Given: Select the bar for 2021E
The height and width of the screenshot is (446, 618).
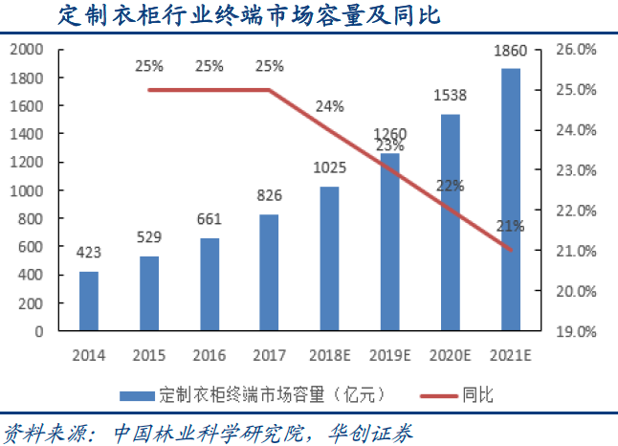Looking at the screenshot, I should tap(512, 200).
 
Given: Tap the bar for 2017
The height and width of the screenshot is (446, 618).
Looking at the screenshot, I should tap(269, 273).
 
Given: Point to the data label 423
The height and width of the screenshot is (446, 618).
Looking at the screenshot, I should tap(88, 255).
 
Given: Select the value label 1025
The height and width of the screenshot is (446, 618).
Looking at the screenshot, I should tap(329, 168).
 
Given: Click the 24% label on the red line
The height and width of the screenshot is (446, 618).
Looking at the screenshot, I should tap(329, 106).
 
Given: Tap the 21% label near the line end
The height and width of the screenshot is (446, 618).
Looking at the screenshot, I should tap(509, 226).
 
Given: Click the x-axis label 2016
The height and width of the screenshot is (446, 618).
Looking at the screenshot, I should tap(209, 354).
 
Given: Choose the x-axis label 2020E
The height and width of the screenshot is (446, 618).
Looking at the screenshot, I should tap(451, 354).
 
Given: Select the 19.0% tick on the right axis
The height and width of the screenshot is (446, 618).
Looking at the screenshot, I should tap(577, 331).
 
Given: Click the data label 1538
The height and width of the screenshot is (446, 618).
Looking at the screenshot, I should tap(451, 96).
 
